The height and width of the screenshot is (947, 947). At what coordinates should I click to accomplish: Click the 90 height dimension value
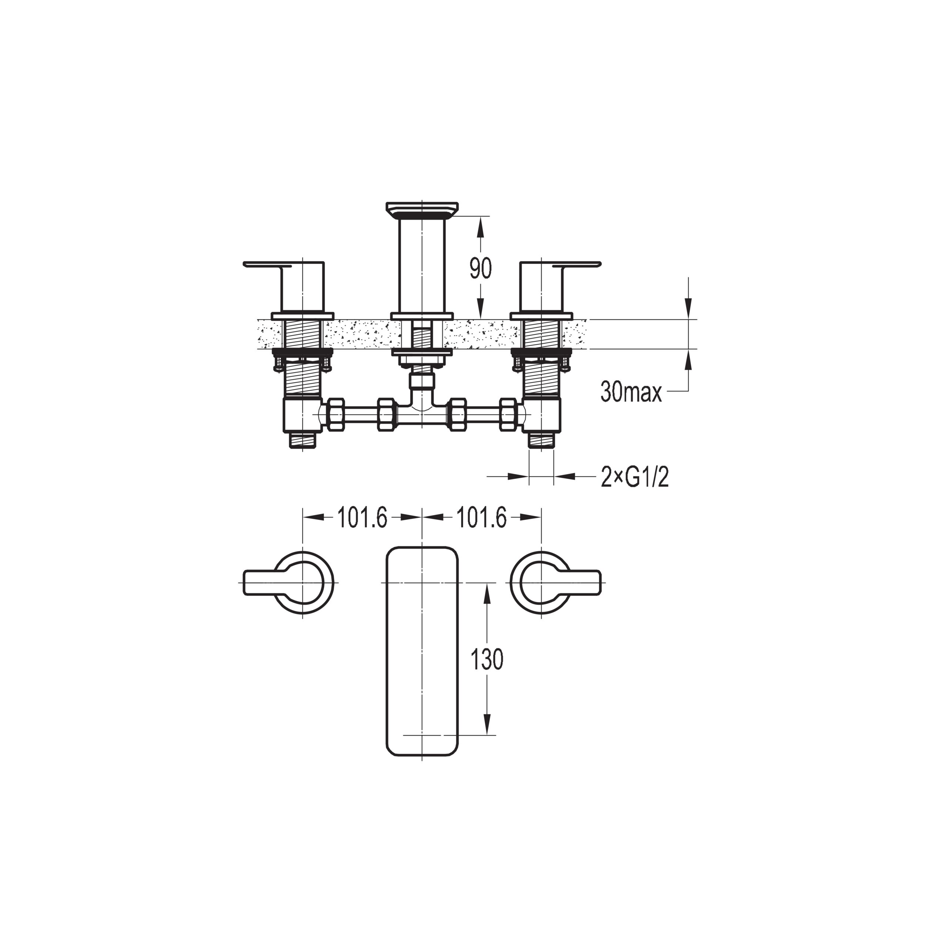point(481,268)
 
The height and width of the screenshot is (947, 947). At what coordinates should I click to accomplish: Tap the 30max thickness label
point(631,392)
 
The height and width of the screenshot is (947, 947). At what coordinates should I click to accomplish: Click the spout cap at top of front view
point(422,209)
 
